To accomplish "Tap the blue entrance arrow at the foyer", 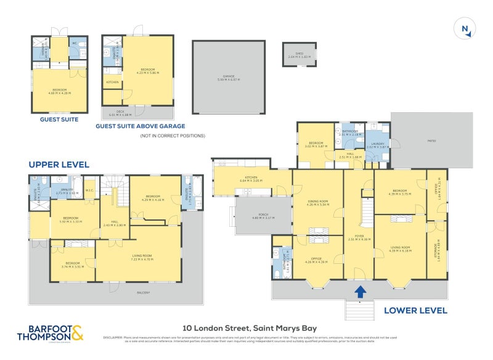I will (359, 290).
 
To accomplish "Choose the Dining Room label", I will (317, 201).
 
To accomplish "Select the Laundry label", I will (377, 145).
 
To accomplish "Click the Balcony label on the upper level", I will (145, 293).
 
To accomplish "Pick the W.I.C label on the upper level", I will (89, 190).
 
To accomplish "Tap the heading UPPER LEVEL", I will (59, 165).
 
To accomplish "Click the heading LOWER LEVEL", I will (415, 310).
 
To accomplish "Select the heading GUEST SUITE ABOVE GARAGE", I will (140, 126).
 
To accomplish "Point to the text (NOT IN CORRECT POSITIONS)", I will (172, 136).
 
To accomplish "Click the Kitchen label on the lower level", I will (251, 179).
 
